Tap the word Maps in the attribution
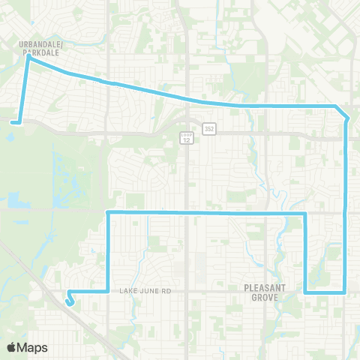[x=33, y=347]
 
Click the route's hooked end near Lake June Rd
[x=70, y=304]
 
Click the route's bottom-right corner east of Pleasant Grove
[x=344, y=291]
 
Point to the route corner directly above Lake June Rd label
[x=109, y=289]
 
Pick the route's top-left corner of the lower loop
[x=109, y=213]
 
